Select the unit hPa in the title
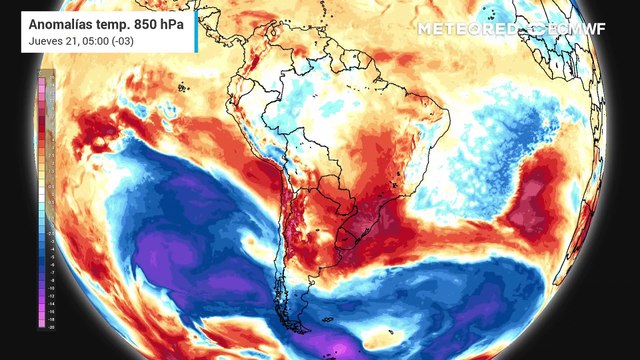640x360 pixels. pyautogui.click(x=174, y=20)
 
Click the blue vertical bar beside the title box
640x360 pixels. pyautogui.click(x=197, y=27)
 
